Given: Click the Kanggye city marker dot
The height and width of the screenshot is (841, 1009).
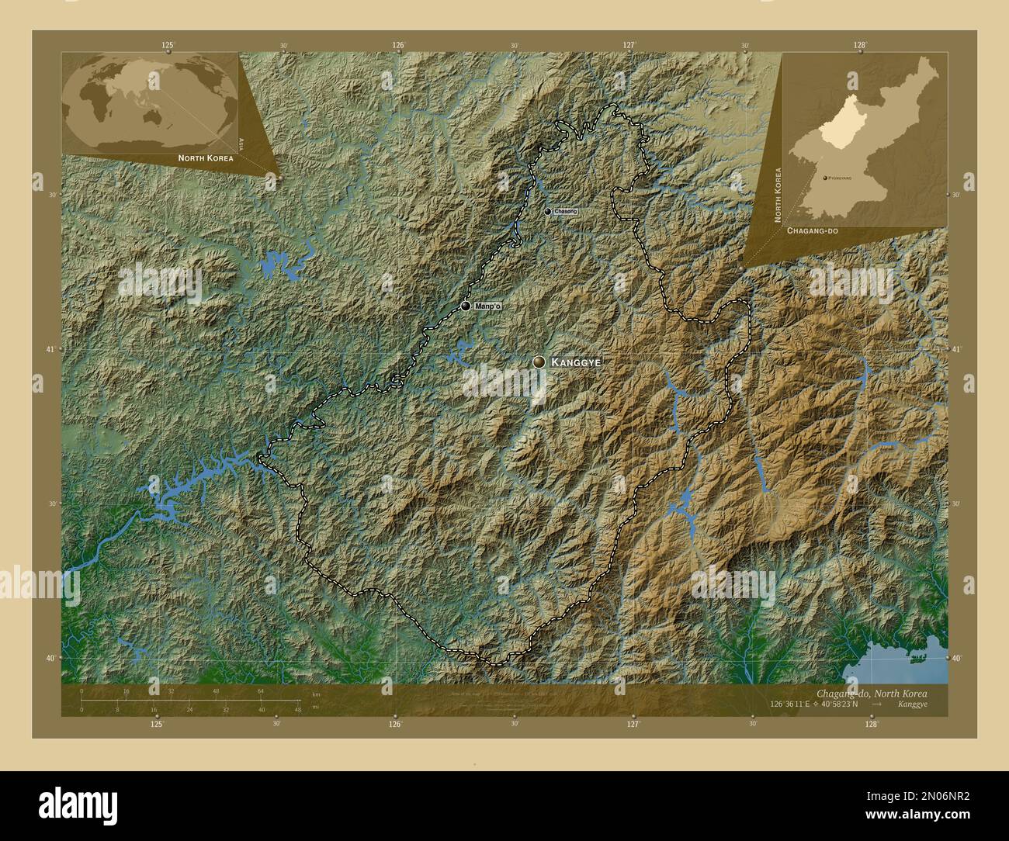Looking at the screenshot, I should coord(539,362).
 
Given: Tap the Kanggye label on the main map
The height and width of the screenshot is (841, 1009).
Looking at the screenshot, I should coord(576,362).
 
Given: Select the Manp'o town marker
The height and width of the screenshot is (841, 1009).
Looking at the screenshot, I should coord(465,306).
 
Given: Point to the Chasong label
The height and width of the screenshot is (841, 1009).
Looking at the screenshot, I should coord(566,211).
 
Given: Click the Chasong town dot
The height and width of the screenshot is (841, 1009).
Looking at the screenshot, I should coord(548,211).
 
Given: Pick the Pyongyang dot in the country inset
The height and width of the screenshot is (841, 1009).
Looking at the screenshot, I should coord(825,178).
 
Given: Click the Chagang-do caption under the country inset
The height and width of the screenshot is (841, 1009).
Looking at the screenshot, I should coord(812,231).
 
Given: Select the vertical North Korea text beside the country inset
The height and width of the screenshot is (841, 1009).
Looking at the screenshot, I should coord(777,195).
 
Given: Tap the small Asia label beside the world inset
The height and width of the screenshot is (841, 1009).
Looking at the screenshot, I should coord(241,143).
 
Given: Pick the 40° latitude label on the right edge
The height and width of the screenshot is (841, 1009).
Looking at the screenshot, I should coord(957,658).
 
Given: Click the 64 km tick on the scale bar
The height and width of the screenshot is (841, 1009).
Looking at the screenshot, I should coord(262,690).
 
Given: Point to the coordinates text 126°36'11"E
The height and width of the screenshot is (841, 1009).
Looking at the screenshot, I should coord(790,704).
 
